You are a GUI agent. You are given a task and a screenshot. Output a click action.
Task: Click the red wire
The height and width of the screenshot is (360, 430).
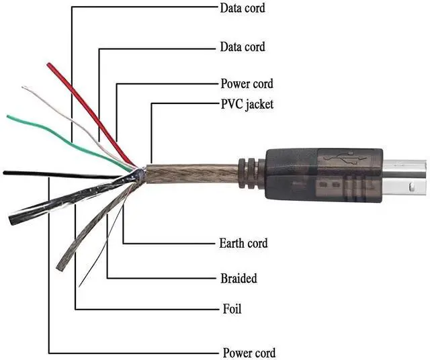(x=81, y=101)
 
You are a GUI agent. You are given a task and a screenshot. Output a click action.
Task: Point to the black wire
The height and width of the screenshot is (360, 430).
(x=40, y=174)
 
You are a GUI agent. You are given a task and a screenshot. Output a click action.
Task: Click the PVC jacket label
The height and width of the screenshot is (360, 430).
(x=247, y=104)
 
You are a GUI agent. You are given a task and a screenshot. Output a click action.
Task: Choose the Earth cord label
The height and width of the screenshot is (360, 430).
(x=243, y=242)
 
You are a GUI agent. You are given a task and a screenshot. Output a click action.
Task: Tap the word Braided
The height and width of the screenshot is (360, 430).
(x=239, y=278)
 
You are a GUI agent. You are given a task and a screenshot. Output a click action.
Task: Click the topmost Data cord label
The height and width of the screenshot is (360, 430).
(x=243, y=8)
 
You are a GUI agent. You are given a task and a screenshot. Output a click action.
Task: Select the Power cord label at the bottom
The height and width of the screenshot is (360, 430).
(x=249, y=353)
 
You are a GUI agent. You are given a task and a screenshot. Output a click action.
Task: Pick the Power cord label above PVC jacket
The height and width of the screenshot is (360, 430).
(x=247, y=85)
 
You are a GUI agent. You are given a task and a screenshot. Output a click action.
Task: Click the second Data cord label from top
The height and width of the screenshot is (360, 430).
(x=243, y=47)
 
